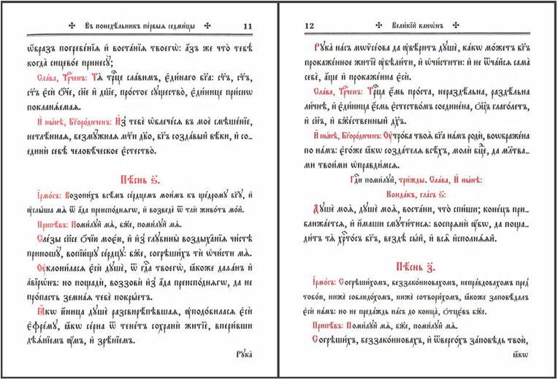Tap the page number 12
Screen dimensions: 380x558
coord(307,26)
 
